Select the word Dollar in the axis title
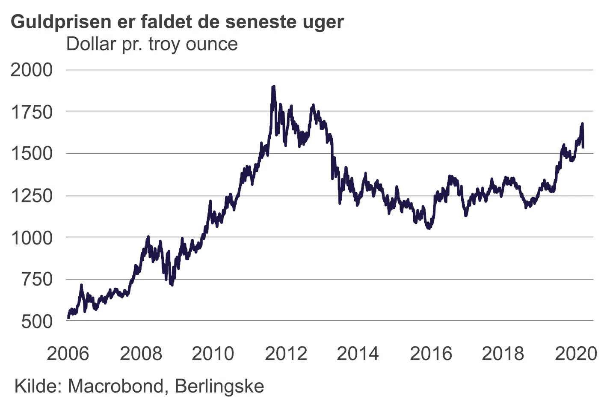pyautogui.click(x=91, y=44)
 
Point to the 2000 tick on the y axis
pyautogui.click(x=32, y=70)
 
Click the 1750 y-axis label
pyautogui.click(x=32, y=112)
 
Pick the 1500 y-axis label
pyautogui.click(x=32, y=153)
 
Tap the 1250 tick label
pyautogui.click(x=32, y=196)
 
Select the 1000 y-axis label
pyautogui.click(x=32, y=238)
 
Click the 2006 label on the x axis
pyautogui.click(x=68, y=354)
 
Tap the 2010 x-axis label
pyautogui.click(x=213, y=354)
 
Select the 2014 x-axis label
pyautogui.click(x=358, y=354)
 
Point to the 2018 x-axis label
pyautogui.click(x=503, y=354)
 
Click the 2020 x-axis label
pyautogui.click(x=576, y=354)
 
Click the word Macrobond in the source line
pyautogui.click(x=115, y=386)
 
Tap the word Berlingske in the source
pyautogui.click(x=219, y=386)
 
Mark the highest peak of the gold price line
pyautogui.click(x=273, y=87)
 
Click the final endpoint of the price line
pyautogui.click(x=583, y=147)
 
